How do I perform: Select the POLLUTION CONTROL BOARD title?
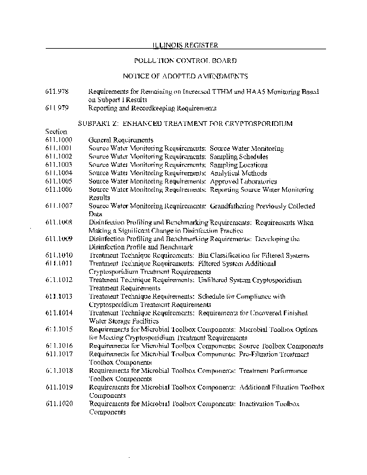(x=185, y=61)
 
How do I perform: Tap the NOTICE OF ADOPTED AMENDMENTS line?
(x=185, y=76)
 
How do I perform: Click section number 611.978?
(x=57, y=92)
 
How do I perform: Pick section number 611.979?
(x=57, y=108)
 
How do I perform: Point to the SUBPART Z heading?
(x=185, y=123)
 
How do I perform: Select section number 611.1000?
(x=59, y=139)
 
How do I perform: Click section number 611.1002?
(x=59, y=156)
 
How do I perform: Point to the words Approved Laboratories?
(x=243, y=181)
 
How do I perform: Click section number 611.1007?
(x=59, y=206)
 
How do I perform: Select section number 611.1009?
(x=59, y=239)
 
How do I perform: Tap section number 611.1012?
(x=59, y=280)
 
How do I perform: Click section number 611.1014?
(x=59, y=312)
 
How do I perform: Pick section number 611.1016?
(x=59, y=346)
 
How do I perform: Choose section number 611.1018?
(x=59, y=370)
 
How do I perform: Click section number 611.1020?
(x=59, y=403)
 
